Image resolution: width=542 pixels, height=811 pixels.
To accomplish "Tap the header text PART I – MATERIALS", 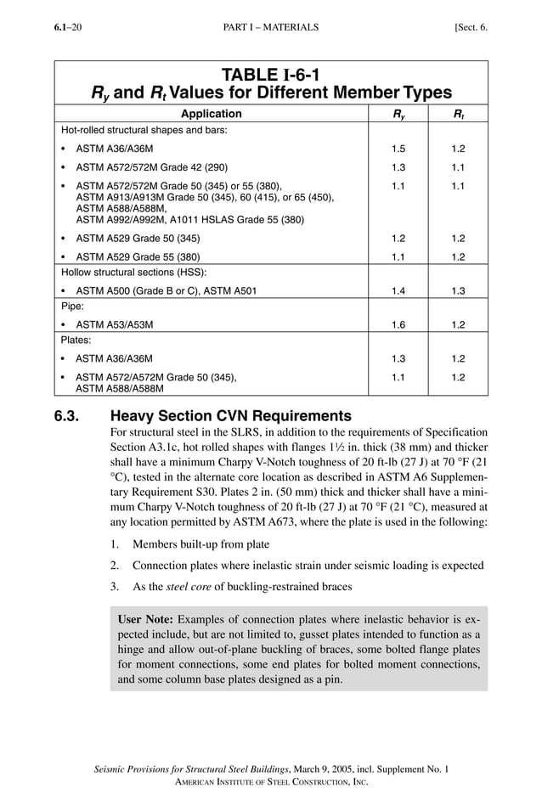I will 271,27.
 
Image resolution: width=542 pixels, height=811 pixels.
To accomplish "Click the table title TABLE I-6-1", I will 271,74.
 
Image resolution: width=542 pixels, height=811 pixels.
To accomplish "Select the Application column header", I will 211,114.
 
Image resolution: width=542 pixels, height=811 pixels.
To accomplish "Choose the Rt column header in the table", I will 458,114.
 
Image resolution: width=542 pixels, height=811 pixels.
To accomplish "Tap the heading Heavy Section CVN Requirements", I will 231,416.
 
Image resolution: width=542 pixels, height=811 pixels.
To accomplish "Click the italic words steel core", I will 189,586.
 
